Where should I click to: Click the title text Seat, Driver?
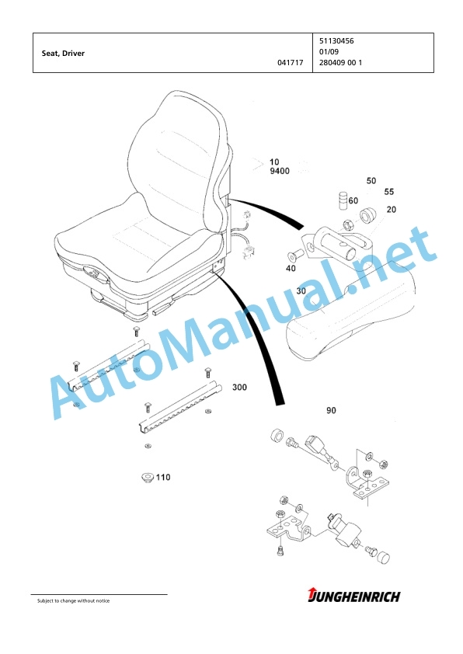coord(63,54)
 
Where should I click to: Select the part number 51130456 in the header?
coord(336,41)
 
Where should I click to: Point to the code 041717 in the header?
coord(291,63)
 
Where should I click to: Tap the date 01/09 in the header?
coord(329,52)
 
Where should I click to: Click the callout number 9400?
coord(280,171)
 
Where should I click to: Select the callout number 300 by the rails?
coord(239,388)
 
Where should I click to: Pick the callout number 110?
coord(163,477)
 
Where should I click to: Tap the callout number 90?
coord(331,411)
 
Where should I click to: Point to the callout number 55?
coord(389,192)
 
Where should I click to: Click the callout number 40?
coord(291,269)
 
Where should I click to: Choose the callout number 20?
coord(392,210)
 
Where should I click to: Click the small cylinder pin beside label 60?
coord(343,201)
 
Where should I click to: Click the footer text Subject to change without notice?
coord(74,601)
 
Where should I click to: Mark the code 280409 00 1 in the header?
coord(340,63)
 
